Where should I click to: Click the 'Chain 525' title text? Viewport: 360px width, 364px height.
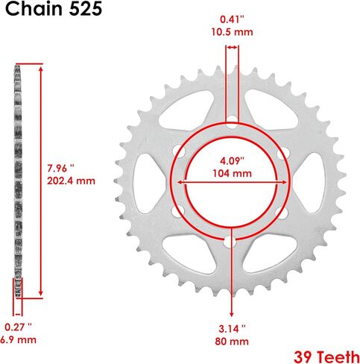coord(54,9)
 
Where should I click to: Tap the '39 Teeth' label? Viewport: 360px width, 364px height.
coord(326,357)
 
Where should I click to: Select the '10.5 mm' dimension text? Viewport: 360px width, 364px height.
coord(232,32)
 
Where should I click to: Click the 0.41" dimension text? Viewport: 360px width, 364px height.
coord(232,19)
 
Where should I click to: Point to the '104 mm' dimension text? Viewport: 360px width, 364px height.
coord(232,173)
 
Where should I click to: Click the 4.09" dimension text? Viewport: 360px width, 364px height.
coord(232,160)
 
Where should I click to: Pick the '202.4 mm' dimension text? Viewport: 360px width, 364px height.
coord(72,181)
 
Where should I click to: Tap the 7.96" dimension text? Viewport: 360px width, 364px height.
coord(60,169)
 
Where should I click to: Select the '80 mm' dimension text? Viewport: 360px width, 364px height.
coord(232,341)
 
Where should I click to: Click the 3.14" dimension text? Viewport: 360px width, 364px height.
coord(232,329)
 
